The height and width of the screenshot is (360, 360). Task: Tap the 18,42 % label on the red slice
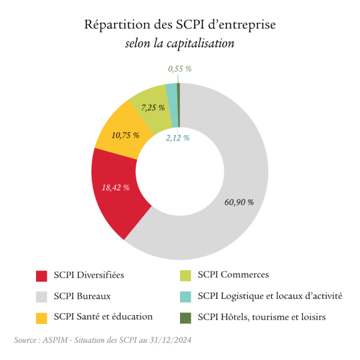tap(116, 187)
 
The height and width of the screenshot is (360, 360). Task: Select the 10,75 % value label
tap(126, 135)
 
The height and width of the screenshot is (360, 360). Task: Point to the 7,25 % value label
tap(153, 108)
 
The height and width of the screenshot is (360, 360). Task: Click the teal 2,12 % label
tap(178, 138)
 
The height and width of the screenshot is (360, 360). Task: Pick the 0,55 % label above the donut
tap(180, 69)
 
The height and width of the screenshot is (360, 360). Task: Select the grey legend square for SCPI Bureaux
tap(42, 297)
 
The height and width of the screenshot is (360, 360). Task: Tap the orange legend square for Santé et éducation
tap(42, 317)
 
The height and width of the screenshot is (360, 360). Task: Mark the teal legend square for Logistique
tap(186, 297)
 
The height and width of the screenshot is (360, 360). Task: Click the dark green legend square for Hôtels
tap(186, 317)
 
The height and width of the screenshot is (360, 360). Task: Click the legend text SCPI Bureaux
tap(82, 296)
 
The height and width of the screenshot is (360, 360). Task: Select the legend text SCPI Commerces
tap(234, 274)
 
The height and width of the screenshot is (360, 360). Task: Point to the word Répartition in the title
tap(112, 25)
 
